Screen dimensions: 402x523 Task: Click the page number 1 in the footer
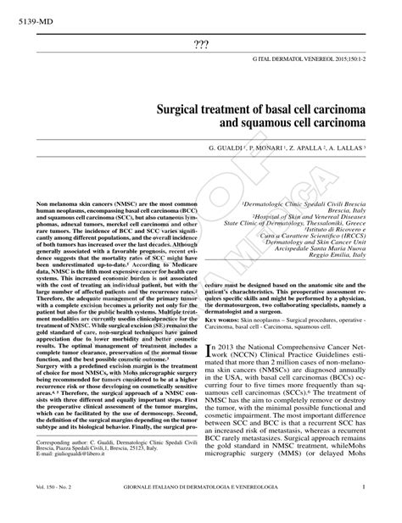pyautogui.click(x=363, y=510)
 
